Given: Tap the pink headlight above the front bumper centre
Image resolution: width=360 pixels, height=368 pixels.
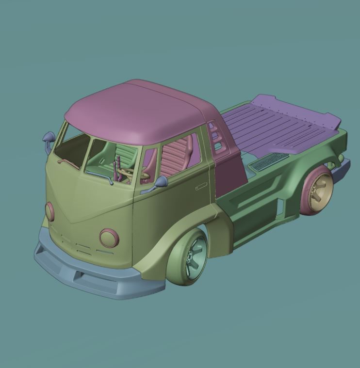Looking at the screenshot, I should (x=109, y=238).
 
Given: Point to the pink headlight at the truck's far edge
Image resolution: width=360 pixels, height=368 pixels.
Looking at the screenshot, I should (x=49, y=211).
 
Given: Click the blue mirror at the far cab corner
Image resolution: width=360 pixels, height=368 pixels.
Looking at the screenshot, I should (x=49, y=138).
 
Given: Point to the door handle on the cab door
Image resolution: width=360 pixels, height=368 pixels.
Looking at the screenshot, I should (x=200, y=186).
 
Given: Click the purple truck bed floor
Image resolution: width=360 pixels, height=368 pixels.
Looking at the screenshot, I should (x=277, y=126).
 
